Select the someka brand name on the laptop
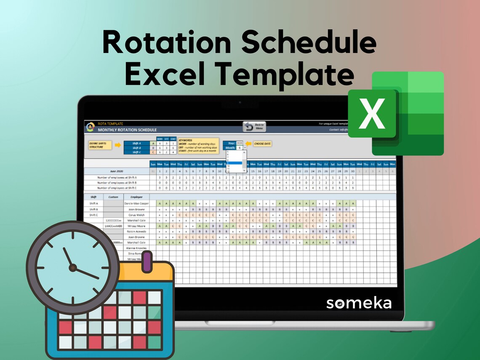tap(359, 303)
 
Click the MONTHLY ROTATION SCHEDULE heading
tap(127, 130)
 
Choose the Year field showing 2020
tap(240, 143)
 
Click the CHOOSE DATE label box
tap(262, 144)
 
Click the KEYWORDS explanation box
tap(198, 146)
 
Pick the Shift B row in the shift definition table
tap(136, 148)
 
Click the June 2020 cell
tap(117, 171)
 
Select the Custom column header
tap(114, 197)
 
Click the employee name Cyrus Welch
tap(136, 215)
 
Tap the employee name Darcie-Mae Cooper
tap(136, 203)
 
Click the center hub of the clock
tap(73, 267)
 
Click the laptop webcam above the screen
tap(240, 102)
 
